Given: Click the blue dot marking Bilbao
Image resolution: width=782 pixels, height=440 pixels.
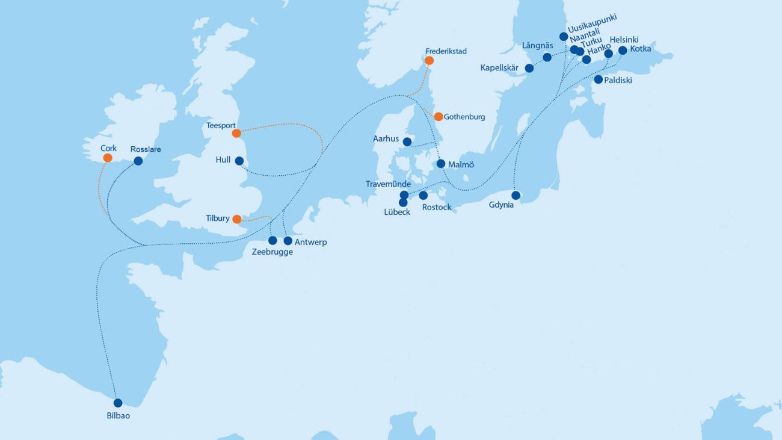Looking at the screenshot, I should pos(118,403).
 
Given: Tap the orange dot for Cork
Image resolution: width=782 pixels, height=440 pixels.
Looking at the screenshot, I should pos(108,158).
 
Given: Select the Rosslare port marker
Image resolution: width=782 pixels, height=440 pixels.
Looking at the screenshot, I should pos(138,161).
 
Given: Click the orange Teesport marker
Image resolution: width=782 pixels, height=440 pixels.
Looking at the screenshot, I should pos(236,133).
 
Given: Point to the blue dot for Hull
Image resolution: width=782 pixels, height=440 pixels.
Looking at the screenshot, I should pos(239,161).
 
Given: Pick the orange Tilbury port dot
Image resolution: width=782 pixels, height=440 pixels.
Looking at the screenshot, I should pos(237,219).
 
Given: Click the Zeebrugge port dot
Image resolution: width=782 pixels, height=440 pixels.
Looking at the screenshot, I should pos(272,241).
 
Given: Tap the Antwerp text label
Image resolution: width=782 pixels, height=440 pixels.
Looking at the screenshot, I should pos(311,242).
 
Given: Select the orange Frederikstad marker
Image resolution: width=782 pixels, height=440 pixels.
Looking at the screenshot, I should pos(429,60).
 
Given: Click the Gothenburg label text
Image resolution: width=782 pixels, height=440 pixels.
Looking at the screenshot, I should pos(464,117).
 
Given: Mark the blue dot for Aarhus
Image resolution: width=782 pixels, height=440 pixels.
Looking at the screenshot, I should pos(407,142).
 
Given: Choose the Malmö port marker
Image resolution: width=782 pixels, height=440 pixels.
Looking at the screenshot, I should pos(441,164).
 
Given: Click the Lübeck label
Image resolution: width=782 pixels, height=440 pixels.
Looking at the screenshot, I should pos(396,212).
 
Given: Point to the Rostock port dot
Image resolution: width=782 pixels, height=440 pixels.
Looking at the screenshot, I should pos(423,196).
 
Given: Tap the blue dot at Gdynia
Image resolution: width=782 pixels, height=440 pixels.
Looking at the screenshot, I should pos(516,195).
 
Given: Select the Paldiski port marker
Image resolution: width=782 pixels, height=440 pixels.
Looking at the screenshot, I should pos(598,79).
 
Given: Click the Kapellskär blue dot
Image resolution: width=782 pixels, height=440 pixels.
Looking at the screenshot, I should pos(529,68).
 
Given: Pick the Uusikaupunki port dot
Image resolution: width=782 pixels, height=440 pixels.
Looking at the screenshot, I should pos(564,36).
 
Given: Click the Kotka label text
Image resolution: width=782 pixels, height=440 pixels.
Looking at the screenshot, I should pos(640,49).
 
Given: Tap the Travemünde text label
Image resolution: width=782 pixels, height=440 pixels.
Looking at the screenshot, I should pos(388,184).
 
